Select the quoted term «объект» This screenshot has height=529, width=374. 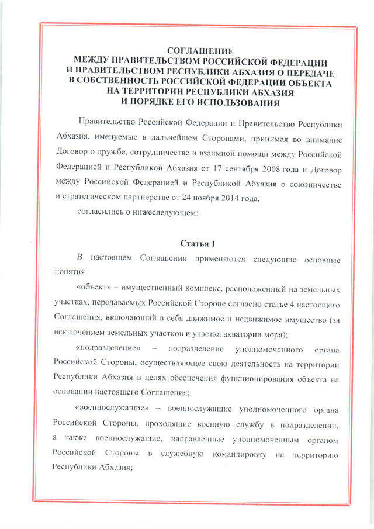96,289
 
